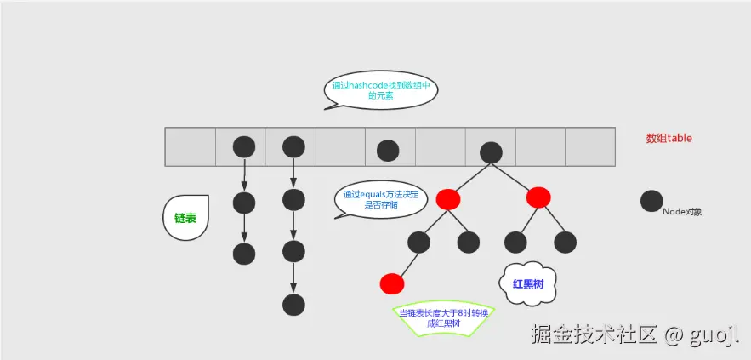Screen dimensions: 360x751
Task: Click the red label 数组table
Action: (669, 138)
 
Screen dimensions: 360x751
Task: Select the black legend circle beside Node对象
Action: (651, 202)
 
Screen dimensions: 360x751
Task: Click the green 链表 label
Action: (185, 218)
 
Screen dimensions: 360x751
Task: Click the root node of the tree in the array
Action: (490, 152)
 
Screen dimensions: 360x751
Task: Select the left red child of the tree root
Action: (448, 199)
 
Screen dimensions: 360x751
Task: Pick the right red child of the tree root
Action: (538, 197)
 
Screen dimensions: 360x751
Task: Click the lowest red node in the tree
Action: (391, 283)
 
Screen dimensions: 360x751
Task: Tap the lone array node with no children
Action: (388, 151)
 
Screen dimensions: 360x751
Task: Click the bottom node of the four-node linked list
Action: (293, 305)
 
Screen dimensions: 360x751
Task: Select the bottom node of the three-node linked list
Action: (244, 254)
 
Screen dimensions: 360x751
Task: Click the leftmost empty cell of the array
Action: (190, 146)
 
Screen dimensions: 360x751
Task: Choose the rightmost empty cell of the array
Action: (589, 146)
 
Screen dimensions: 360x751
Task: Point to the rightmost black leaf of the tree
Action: (566, 243)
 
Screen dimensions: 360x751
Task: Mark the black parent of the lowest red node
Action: (418, 243)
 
